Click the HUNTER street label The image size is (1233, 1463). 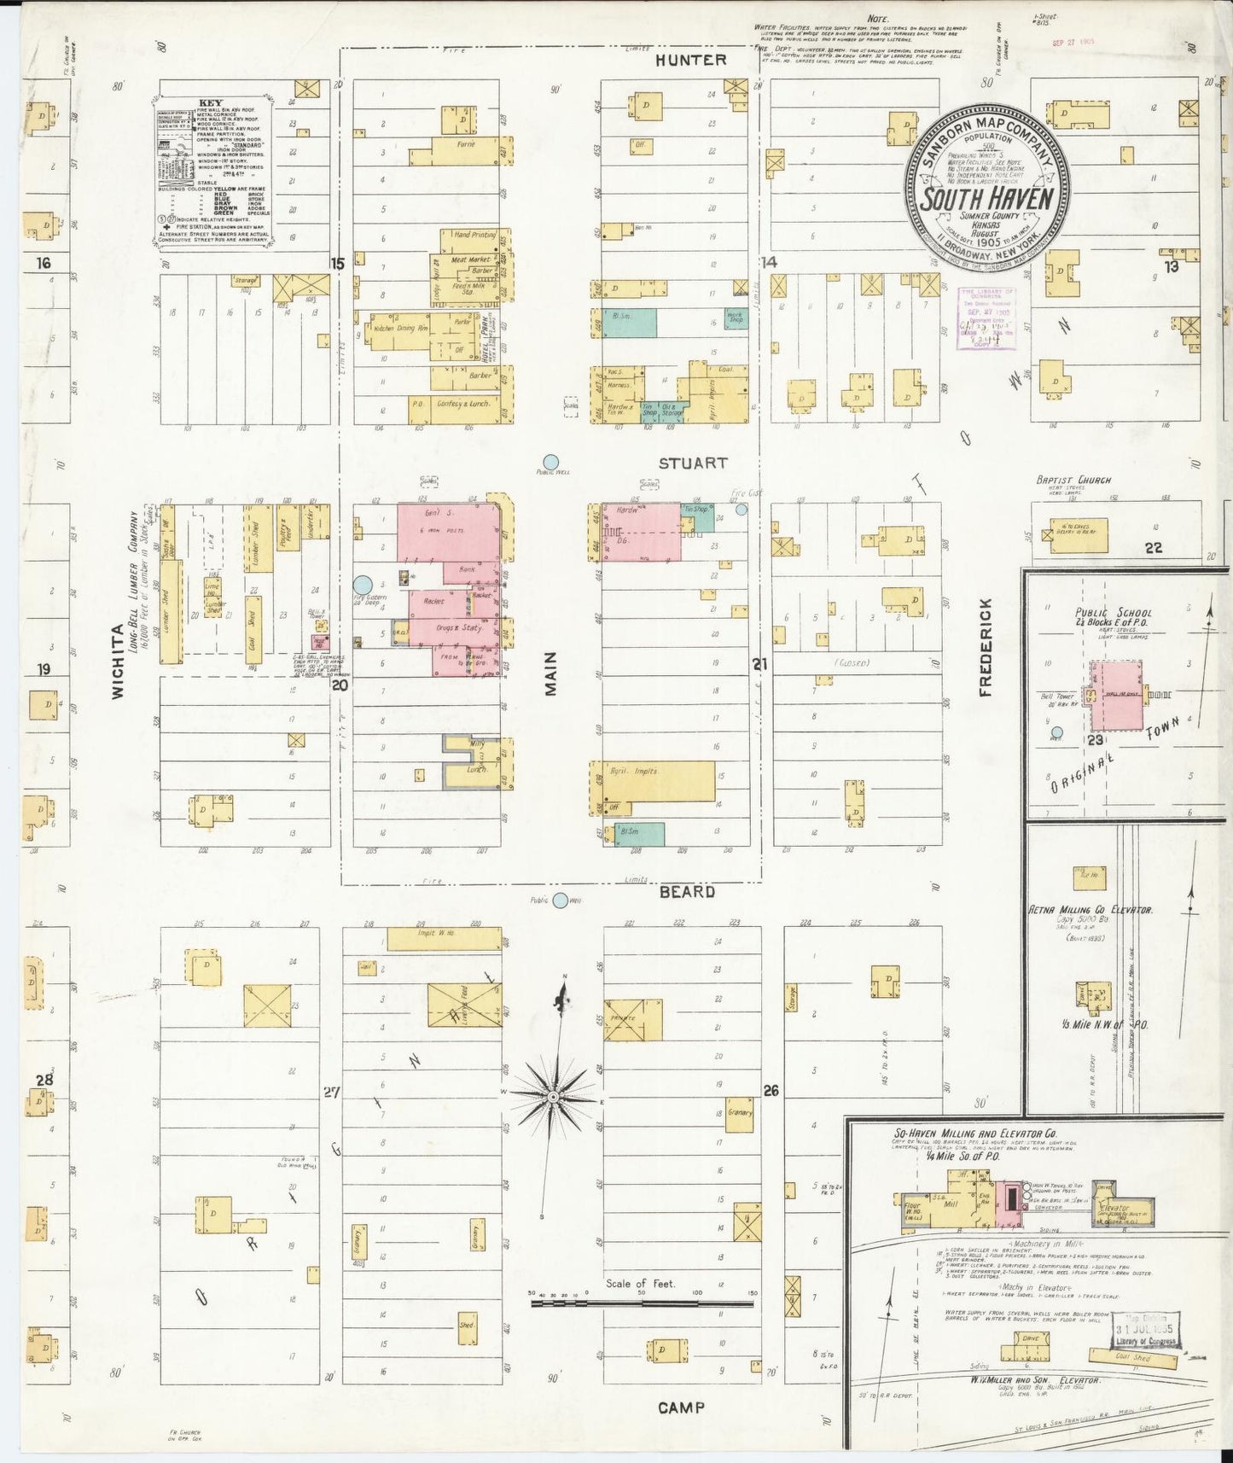pos(691,60)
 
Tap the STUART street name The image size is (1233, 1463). pos(692,463)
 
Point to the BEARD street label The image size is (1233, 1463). pos(687,891)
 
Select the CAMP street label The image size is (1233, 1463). pos(681,1407)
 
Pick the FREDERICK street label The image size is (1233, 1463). pos(986,647)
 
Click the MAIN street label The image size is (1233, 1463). pos(550,673)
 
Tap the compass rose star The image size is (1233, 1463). pos(553,1095)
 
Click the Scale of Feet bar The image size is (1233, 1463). pos(640,1303)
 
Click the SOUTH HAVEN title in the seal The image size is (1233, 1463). pos(987,197)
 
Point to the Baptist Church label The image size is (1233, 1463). pos(1073,480)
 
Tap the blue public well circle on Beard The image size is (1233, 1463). pos(560,901)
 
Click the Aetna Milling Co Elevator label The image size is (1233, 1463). pos(1091,910)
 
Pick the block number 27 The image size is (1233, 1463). pos(332,1092)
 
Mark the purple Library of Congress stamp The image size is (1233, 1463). pos(986,319)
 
